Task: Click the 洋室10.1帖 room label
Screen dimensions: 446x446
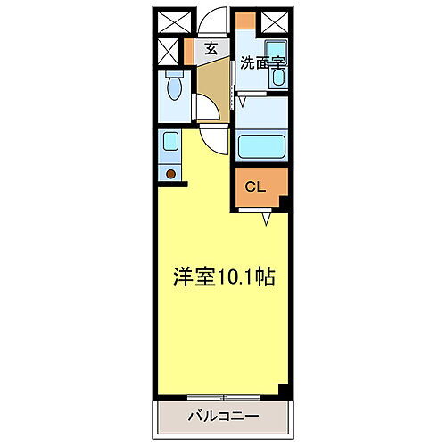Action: point(222,277)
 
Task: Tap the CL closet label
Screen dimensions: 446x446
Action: point(255,187)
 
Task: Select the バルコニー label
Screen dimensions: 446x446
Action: point(223,416)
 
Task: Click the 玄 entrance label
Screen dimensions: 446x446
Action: point(211,48)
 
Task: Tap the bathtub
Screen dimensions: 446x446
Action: point(261,145)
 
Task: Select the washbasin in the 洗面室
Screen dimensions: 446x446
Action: point(277,77)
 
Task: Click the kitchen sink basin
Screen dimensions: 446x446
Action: point(169,141)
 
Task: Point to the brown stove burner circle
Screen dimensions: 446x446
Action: point(169,171)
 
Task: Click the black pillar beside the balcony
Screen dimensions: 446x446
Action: point(285,390)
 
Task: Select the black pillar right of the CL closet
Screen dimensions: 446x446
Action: point(285,203)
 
